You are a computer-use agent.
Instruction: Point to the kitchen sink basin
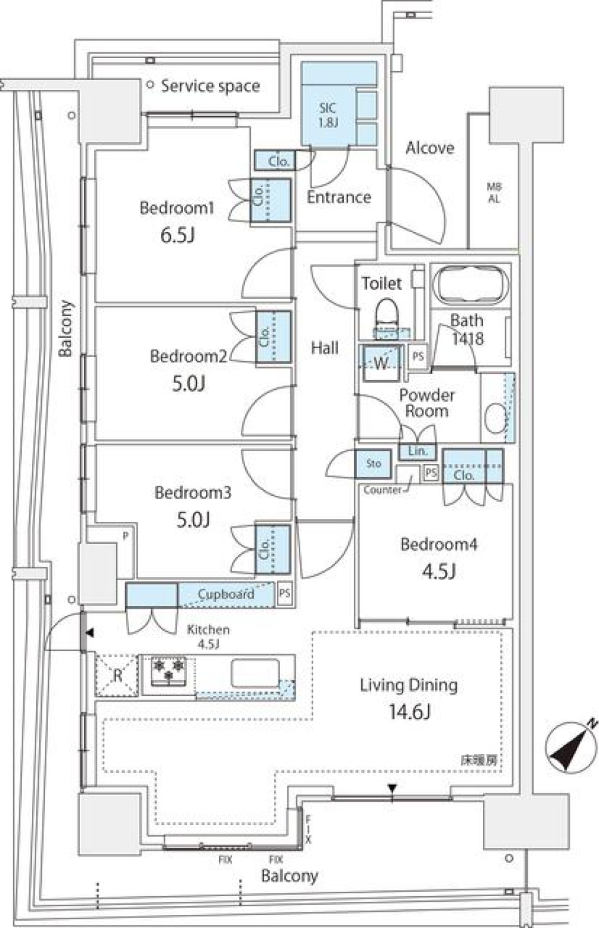pos(255,674)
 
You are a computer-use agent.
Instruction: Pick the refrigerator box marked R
pos(117,675)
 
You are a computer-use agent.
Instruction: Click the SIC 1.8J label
pos(328,115)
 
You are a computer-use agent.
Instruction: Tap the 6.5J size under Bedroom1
pos(177,235)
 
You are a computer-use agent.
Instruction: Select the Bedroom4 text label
pos(439,544)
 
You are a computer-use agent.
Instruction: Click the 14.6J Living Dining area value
pos(409,711)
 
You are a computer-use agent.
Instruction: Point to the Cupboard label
pos(226,594)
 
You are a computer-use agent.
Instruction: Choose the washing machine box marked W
pos(381,362)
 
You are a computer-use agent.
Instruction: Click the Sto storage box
pos(374,463)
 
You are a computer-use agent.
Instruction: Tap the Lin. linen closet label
pos(417,451)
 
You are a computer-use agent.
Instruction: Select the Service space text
pos(210,86)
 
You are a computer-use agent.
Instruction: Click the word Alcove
pos(430,148)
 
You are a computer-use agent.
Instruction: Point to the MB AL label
pos(494,193)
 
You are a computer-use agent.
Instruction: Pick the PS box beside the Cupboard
pos(285,593)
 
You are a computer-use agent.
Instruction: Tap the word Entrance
pos(339,197)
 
